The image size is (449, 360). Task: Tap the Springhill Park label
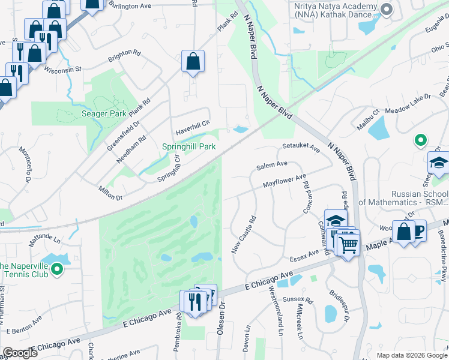188,146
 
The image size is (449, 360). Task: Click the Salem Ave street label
272,164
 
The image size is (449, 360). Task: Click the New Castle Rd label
244,235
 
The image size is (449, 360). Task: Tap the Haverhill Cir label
193,128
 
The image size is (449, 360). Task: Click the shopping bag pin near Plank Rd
193,61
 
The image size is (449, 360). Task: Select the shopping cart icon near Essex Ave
348,244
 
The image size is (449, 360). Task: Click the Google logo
19,353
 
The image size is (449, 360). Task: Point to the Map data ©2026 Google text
412,355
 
